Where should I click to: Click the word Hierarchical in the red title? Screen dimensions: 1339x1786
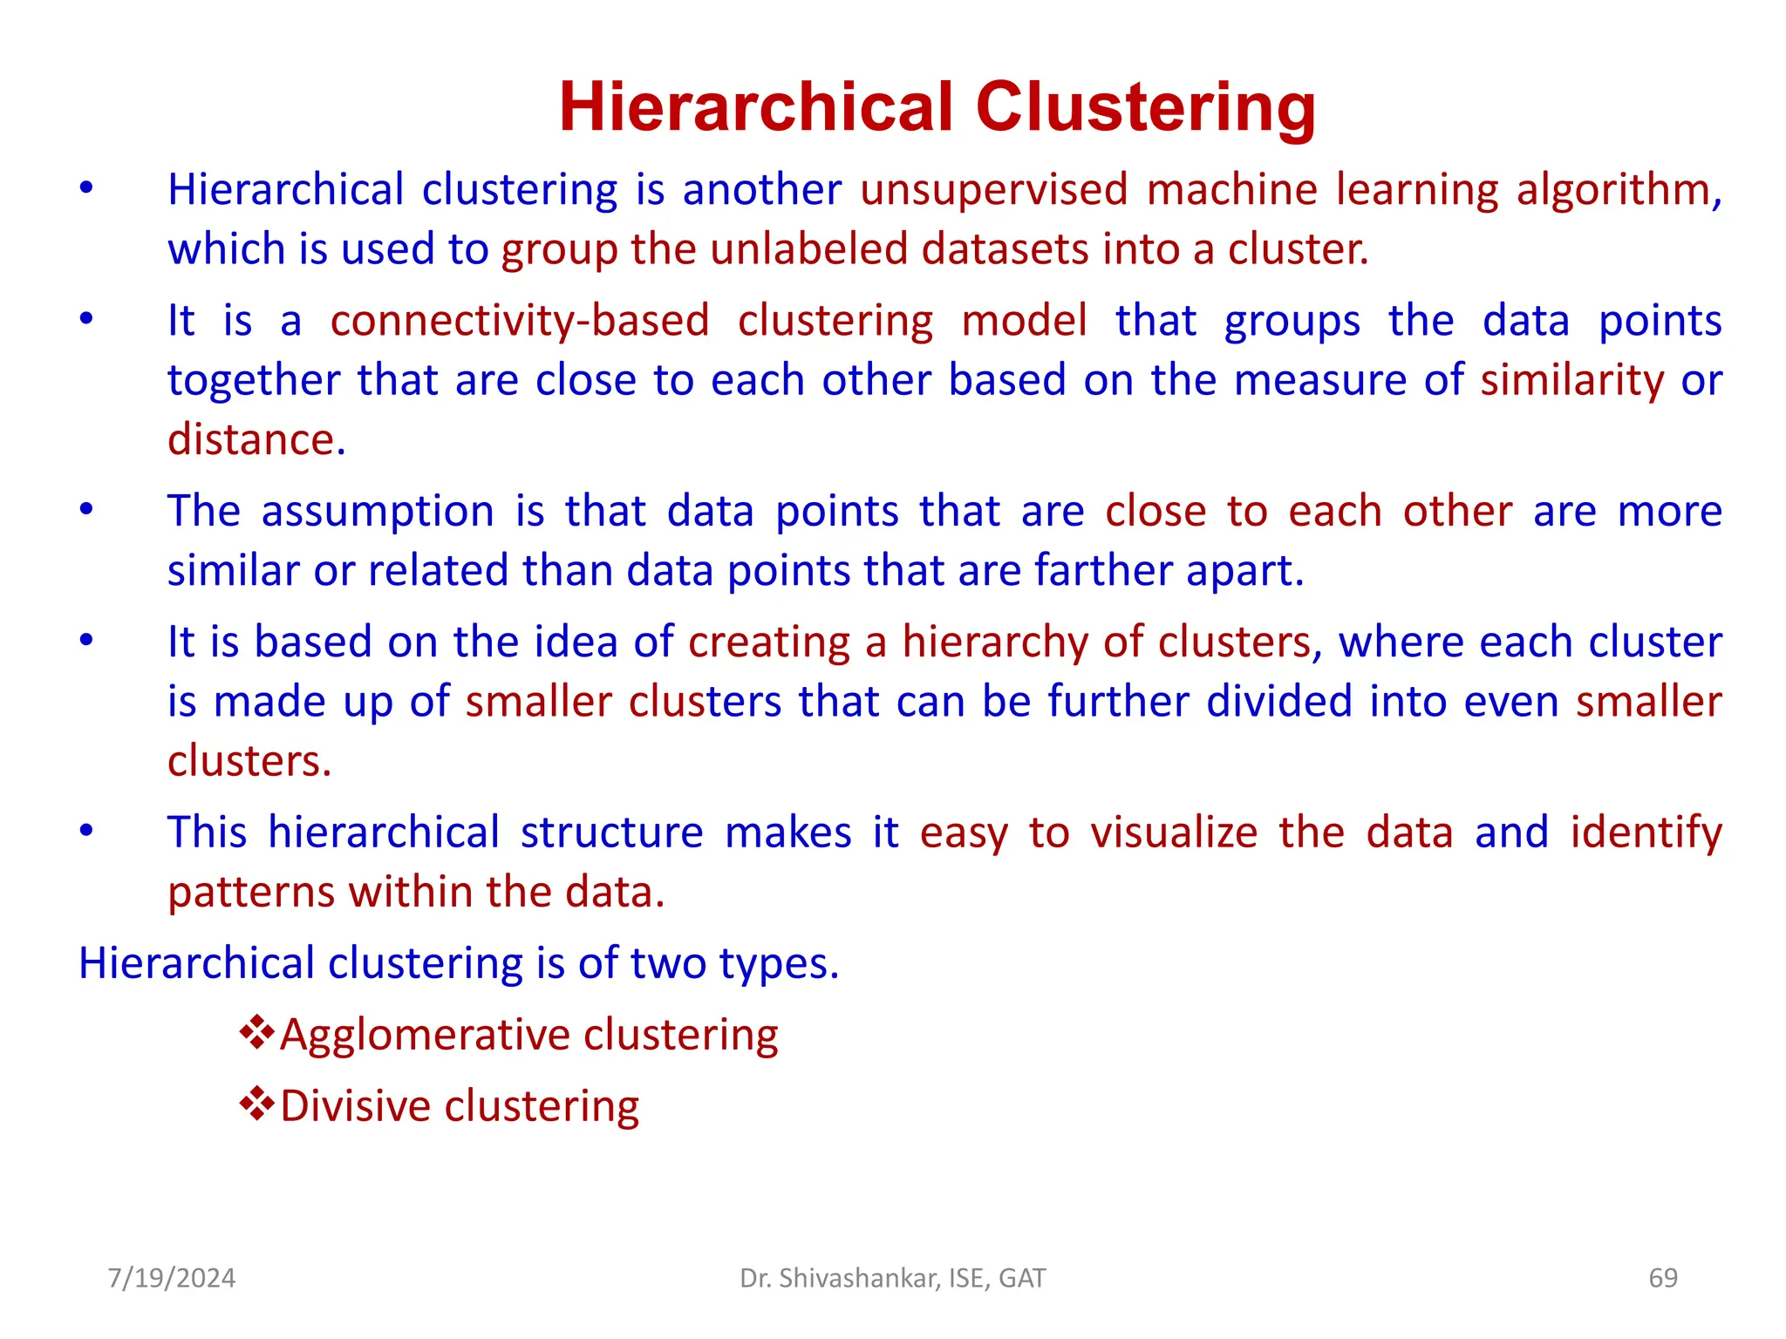coord(756,107)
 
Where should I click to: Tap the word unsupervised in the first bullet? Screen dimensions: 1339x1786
coord(994,190)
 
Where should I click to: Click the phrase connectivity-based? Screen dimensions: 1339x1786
coord(520,321)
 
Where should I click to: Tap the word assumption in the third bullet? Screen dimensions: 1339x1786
coord(378,512)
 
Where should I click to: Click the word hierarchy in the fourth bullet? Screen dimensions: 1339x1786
coord(994,642)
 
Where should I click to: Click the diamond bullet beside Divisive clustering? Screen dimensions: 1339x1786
coord(256,1104)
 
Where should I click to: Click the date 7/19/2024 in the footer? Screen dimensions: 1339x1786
coord(172,1278)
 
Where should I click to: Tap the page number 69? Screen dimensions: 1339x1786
coord(1663,1278)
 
